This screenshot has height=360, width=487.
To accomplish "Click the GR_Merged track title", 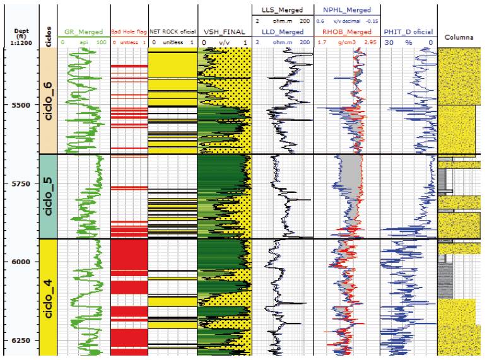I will click(x=83, y=32).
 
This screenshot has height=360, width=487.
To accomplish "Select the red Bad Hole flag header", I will click(x=129, y=32).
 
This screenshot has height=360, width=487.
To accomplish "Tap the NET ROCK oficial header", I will click(x=172, y=32).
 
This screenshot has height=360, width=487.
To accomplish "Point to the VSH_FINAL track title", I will click(x=224, y=32).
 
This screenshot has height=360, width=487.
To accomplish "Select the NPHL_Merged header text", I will click(x=346, y=10).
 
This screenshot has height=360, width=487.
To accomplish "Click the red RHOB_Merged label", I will click(x=346, y=32).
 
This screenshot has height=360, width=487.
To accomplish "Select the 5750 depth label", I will click(x=19, y=183).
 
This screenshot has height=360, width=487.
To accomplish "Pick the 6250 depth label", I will click(x=19, y=340).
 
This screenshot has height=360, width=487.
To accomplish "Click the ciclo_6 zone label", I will click(x=49, y=102).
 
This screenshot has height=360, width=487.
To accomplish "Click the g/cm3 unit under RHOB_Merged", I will click(x=346, y=42).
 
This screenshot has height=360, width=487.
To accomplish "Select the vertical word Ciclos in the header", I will click(x=49, y=32).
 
